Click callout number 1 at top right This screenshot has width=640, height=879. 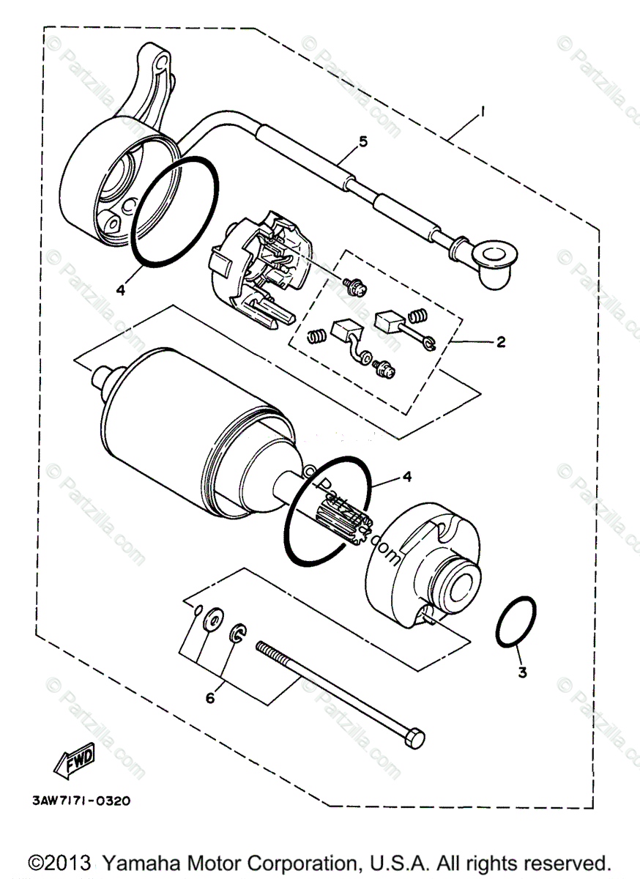[483, 111]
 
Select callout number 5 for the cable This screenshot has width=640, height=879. [363, 142]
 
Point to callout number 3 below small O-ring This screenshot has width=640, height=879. [522, 672]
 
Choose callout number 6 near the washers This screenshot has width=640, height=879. [210, 698]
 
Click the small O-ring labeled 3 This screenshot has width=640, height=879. [517, 623]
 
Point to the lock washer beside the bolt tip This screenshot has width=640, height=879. [239, 634]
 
